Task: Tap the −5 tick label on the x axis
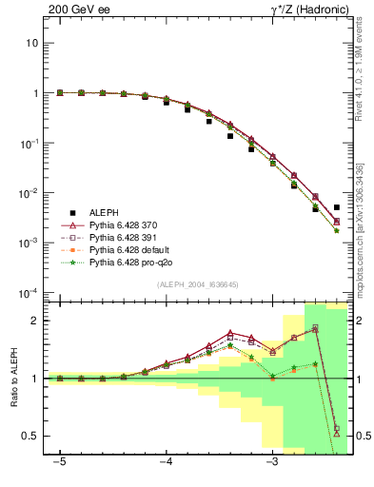(60, 463)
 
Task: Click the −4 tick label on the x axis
(166, 463)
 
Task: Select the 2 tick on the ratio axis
(35, 321)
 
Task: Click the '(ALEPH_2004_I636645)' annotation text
(197, 284)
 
